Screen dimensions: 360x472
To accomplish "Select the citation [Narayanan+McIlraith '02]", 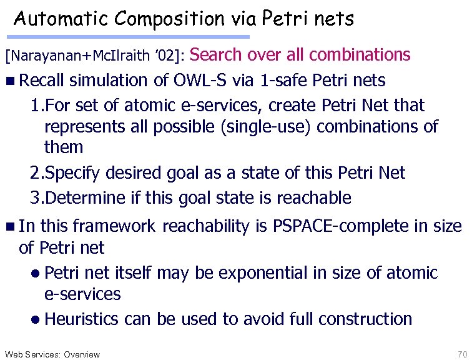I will point(94,57).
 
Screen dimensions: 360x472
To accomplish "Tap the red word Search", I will point(216,55).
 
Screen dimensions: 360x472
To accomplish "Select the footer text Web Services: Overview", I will point(52,354).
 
